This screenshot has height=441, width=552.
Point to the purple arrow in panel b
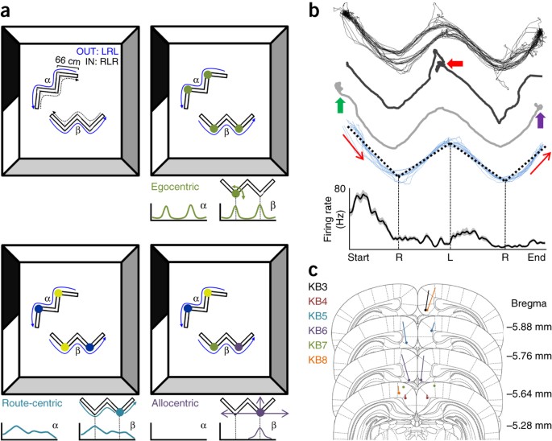click(539, 120)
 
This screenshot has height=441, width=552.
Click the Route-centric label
click(33, 400)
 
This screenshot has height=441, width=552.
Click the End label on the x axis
click(536, 259)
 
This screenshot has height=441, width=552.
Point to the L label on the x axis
click(450, 259)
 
